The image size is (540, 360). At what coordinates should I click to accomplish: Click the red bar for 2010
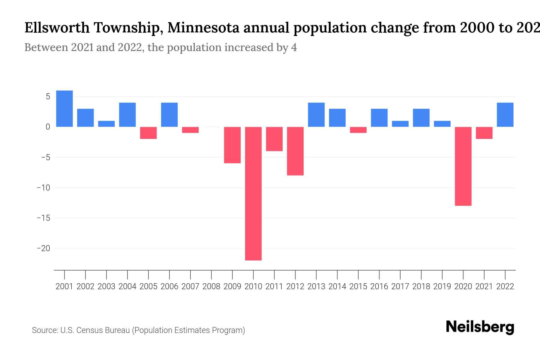253,193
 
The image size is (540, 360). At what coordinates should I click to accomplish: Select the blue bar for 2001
64,109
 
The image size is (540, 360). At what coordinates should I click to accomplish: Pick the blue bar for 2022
505,115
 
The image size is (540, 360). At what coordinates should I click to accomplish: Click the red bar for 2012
295,151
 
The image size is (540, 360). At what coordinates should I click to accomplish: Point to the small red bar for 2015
358,130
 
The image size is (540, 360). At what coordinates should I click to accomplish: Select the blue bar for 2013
316,115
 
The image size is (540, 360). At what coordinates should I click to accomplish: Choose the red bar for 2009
232,145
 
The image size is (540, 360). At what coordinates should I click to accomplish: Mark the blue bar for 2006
169,115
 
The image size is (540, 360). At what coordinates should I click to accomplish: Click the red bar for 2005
148,133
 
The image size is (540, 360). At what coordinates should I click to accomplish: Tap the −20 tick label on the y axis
43,248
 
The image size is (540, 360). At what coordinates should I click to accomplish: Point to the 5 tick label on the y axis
48,97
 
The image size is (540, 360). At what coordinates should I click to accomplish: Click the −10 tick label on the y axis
43,188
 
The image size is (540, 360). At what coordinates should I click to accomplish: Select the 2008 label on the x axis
211,286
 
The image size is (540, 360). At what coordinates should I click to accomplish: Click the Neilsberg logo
480,327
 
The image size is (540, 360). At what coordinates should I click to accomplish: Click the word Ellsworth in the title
57,28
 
